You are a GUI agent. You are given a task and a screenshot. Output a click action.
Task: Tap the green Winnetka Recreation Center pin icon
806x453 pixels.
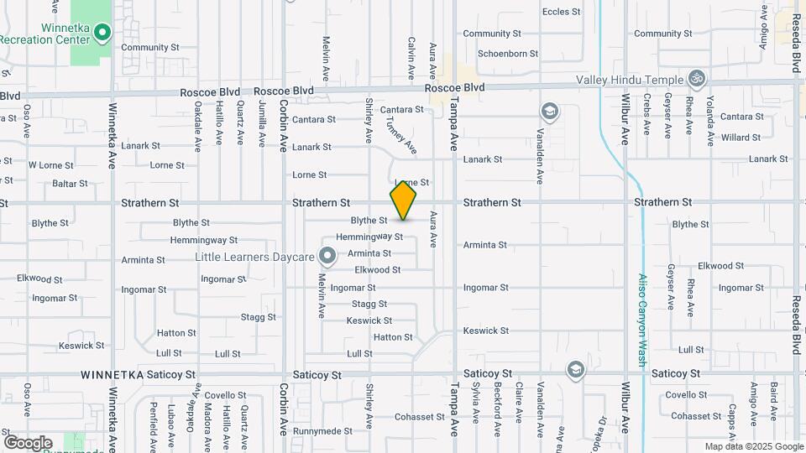(102, 34)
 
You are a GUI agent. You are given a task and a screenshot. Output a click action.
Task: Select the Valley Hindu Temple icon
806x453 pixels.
(696, 80)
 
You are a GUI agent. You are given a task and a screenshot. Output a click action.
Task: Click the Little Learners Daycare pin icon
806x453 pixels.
(328, 257)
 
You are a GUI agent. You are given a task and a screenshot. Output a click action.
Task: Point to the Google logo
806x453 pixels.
(28, 442)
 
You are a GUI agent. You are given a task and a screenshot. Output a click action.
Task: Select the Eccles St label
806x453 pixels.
(562, 12)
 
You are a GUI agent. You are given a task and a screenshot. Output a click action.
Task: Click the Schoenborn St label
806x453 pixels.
(508, 54)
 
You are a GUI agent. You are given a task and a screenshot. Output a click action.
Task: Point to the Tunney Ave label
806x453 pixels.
(401, 134)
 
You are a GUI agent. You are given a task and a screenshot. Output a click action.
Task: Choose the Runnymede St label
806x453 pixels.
(322, 430)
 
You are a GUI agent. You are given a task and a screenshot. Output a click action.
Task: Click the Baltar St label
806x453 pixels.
(70, 183)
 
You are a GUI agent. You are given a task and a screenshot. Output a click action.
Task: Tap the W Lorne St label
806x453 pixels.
(51, 165)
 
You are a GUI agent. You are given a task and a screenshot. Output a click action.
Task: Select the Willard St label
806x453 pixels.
(741, 138)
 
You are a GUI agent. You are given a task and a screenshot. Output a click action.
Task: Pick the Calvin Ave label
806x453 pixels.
(411, 59)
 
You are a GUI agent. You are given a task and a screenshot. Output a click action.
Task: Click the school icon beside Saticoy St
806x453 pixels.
(575, 369)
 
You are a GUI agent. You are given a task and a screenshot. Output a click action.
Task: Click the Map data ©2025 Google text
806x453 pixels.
(753, 446)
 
